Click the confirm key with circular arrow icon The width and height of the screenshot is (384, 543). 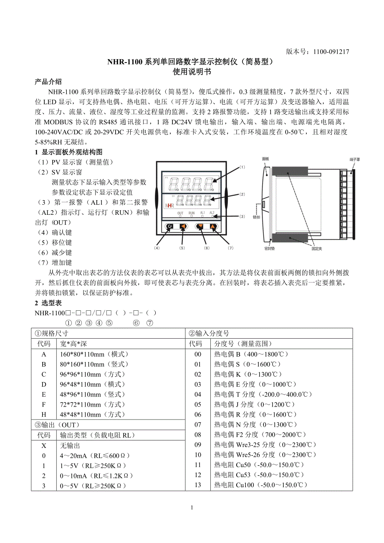(x=169, y=226)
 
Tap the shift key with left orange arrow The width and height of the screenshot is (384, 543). (x=183, y=226)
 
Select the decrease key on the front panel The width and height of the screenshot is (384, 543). (x=200, y=226)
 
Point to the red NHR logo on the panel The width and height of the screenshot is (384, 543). (x=169, y=205)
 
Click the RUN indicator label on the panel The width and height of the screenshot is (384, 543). (x=192, y=213)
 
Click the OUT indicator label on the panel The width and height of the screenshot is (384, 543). (x=180, y=213)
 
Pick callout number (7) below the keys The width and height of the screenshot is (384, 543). (x=231, y=248)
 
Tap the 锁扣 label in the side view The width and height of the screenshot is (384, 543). (x=257, y=217)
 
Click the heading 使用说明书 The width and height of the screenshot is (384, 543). (x=192, y=72)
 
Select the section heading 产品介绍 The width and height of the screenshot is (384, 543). (x=48, y=81)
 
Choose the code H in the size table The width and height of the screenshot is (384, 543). (x=44, y=415)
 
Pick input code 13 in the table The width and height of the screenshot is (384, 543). (x=198, y=485)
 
